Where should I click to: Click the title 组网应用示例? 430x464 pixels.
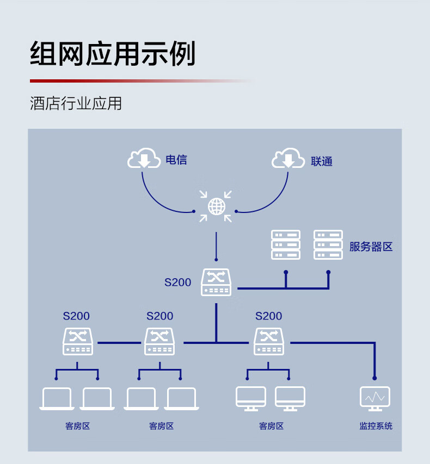coord(113,53)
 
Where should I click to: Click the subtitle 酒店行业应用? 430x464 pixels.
coord(76,103)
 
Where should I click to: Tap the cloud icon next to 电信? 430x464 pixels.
coord(144,158)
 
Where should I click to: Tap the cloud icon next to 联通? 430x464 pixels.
coord(288,158)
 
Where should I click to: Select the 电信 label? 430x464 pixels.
coord(176,160)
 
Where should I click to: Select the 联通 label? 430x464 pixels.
coord(322,161)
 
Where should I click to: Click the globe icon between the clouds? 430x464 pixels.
coord(216,206)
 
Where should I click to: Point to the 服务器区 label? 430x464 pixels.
coord(371,247)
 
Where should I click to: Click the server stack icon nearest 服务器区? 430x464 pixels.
coord(328,244)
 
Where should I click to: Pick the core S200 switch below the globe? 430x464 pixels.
coord(216,283)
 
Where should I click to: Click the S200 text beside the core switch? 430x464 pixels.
coord(178,283)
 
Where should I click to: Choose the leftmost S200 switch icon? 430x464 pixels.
coord(78,342)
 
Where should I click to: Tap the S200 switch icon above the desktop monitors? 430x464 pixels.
coord(269,342)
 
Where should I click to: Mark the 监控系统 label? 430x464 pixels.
coord(376,426)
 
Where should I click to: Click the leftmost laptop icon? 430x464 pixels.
coord(57,399)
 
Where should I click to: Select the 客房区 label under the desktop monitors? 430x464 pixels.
coord(271,426)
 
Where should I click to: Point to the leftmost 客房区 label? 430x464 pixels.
coord(77,426)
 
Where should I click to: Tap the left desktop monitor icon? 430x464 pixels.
coord(251,398)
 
